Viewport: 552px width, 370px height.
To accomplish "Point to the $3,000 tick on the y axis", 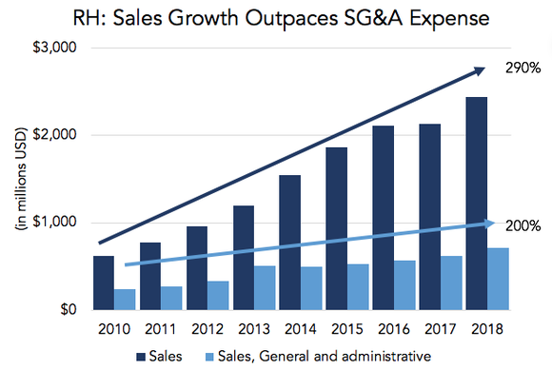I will coord(57,48).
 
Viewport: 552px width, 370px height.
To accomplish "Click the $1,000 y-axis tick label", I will coord(57,223).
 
